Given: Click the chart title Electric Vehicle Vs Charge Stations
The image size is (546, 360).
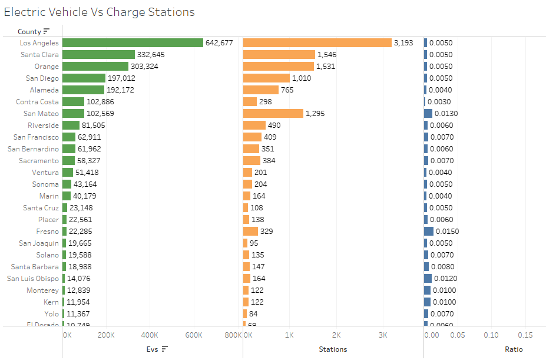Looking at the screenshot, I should coord(99,12).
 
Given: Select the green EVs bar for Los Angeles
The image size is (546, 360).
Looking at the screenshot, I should coord(133,43).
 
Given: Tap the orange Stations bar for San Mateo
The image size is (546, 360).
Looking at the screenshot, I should coord(273,114).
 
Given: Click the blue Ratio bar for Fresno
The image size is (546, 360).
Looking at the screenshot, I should coord(429,232).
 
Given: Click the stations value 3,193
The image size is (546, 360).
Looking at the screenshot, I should coord(403,43).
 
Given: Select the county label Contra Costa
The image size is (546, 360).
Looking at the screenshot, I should coord(37,102).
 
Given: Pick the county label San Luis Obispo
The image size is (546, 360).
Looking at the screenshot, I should coord(33,279).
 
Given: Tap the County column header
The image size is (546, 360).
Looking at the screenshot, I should coord(29,32).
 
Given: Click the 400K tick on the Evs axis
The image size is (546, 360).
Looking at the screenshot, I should coord(150,335).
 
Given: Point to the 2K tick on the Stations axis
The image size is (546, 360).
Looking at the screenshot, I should coord(336,335).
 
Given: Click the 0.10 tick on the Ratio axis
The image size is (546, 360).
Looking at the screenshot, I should coord(491,335).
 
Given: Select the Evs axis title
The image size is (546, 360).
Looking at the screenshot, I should coord(152,349).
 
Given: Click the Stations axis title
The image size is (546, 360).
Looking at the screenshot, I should coord(333,349).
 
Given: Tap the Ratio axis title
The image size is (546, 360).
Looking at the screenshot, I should coord(514,349).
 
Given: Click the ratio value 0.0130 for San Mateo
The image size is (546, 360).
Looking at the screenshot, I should coord(446,114).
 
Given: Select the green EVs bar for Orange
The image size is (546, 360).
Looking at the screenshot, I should coord(95,67).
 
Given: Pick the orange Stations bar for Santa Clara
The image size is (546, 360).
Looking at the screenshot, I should coord(279,55).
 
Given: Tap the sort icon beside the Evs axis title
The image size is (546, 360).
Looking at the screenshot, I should coord(165,349).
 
